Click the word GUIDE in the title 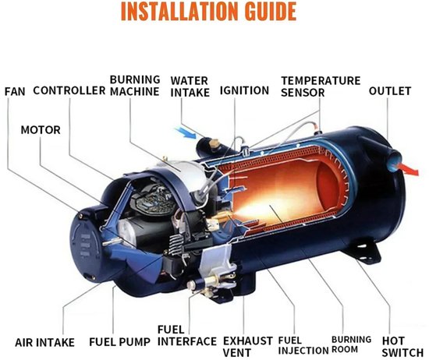(271, 11)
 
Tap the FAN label (15, 92)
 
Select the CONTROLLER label (69, 90)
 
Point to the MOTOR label (41, 130)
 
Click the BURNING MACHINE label (135, 86)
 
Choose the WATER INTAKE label (190, 86)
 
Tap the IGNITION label (244, 90)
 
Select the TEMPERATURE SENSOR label (321, 86)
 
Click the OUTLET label (390, 91)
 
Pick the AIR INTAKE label (44, 343)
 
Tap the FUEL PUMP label (120, 342)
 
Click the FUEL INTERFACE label (187, 336)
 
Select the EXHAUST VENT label (248, 347)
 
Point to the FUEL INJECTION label (303, 345)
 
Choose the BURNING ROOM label (352, 344)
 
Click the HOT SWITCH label (402, 347)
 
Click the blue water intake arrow (186, 132)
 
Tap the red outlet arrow (409, 169)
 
